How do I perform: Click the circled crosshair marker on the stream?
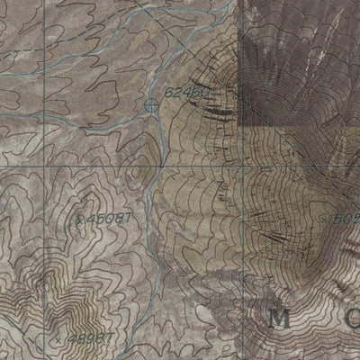coord(150,105)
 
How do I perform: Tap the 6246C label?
coord(185,93)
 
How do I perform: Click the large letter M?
coord(279,318)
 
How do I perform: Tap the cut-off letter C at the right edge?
coord(352,318)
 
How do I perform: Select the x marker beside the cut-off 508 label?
coord(324,217)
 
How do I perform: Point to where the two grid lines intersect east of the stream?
coord(239,167)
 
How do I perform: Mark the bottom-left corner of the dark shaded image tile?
coord(240,124)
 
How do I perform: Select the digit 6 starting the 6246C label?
coord(168,93)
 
